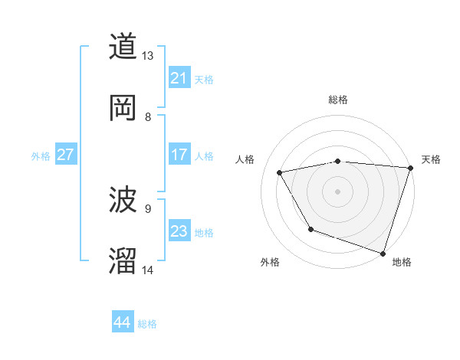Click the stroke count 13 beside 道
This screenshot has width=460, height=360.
tap(148, 56)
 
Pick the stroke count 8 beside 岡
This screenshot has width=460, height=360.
tap(148, 116)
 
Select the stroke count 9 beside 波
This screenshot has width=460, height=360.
tap(148, 208)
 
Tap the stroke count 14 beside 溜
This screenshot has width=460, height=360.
tap(148, 270)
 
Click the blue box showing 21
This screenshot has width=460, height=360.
tap(179, 78)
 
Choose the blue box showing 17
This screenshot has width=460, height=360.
tap(179, 155)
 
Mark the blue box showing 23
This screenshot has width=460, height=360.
tap(179, 231)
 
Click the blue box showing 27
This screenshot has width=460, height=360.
tap(66, 155)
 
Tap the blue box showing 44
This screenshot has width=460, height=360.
tap(123, 322)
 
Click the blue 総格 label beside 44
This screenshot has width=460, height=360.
tap(147, 324)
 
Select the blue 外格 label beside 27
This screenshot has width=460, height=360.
tap(41, 156)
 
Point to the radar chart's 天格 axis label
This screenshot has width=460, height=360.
tap(431, 159)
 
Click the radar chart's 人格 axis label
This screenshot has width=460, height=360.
tap(245, 159)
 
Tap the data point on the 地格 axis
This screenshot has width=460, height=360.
tap(383, 253)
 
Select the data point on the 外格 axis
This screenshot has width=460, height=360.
tap(310, 229)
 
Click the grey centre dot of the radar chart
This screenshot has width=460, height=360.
tap(338, 191)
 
